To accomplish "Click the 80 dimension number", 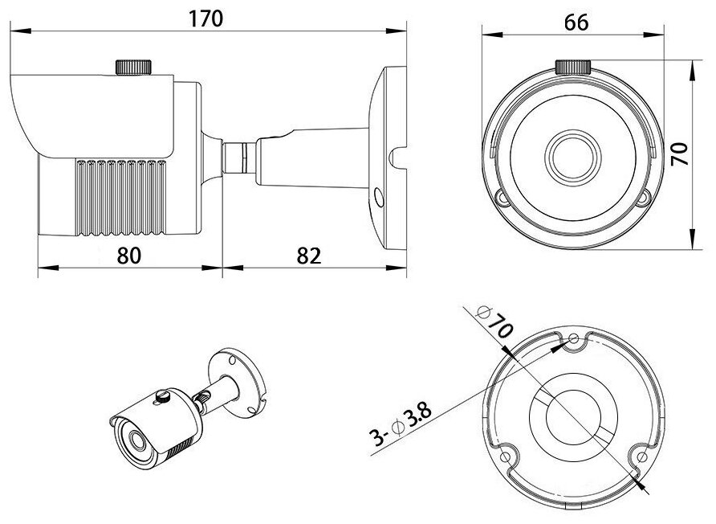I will tap(129, 255).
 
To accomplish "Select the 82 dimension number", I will tap(308, 255).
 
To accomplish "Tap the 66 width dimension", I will tap(576, 23).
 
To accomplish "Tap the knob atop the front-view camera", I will tap(574, 67).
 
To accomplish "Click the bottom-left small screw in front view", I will tap(502, 196).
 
